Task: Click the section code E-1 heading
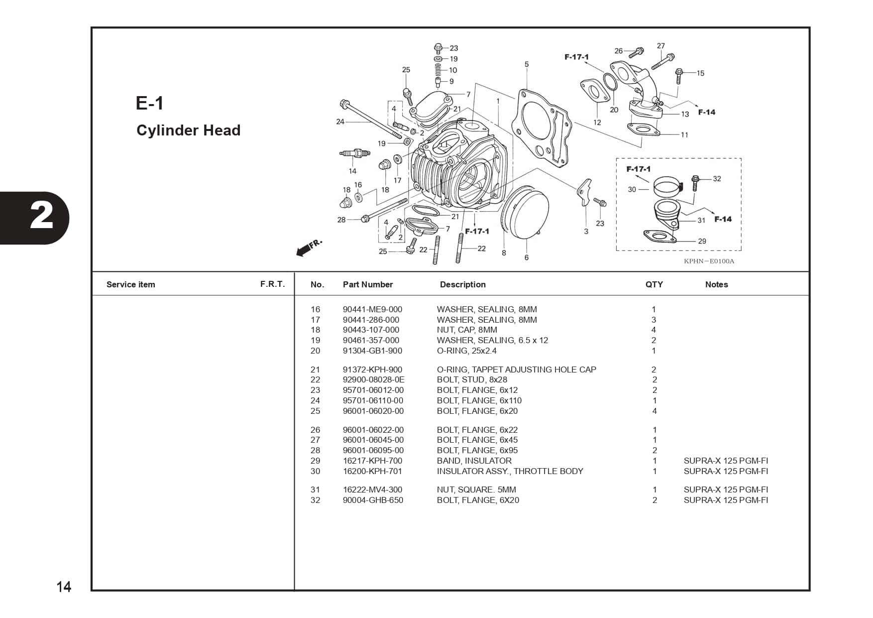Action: [149, 103]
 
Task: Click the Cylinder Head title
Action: [188, 130]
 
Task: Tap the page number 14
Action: [64, 587]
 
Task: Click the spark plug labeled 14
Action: [354, 154]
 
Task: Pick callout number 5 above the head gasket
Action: [527, 64]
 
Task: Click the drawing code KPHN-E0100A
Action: [709, 261]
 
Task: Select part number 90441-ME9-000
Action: [372, 309]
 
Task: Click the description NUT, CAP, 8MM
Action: [466, 330]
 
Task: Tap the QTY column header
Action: [654, 284]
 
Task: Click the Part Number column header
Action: [367, 284]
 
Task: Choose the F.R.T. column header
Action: [272, 284]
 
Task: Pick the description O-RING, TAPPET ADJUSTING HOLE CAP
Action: [516, 370]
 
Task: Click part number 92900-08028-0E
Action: [373, 379]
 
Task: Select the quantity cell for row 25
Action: [655, 411]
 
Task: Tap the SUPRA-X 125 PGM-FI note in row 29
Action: [726, 461]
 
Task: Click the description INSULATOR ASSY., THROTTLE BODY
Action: [510, 471]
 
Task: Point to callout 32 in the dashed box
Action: [717, 179]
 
